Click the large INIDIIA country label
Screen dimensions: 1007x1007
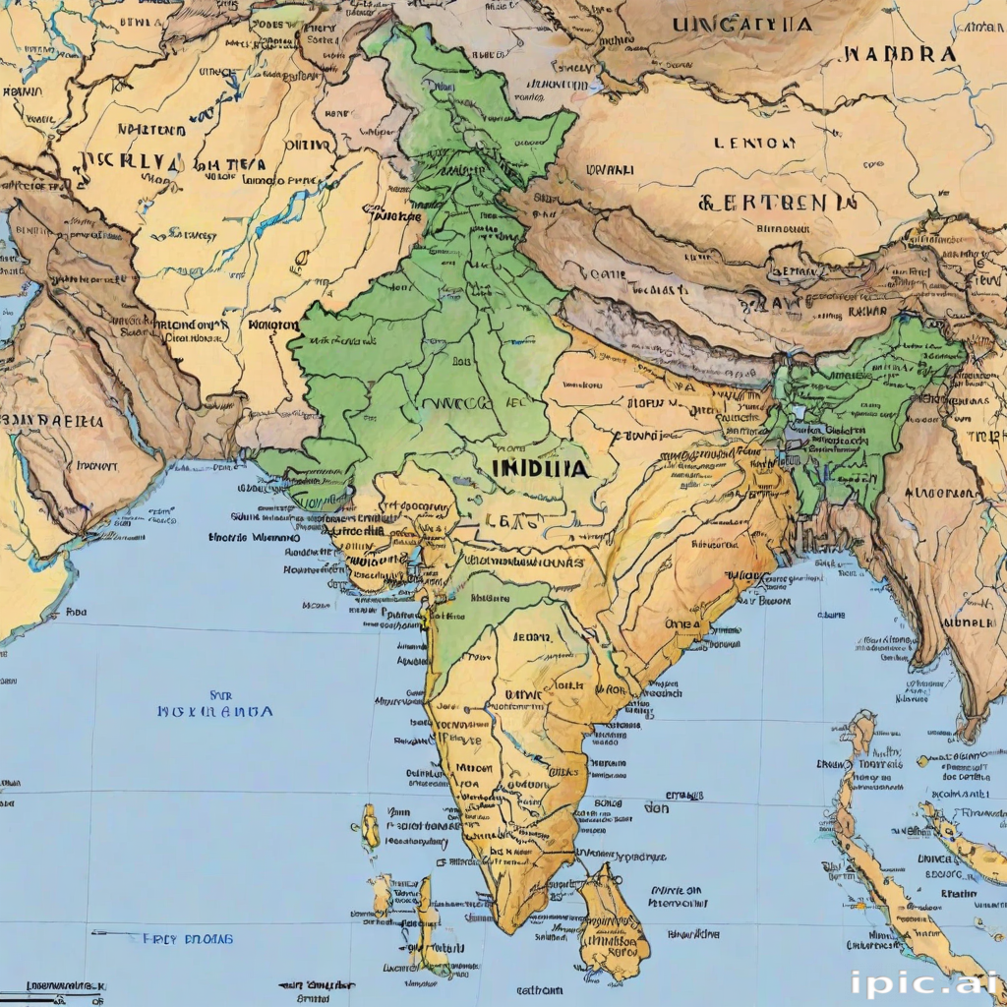click(x=541, y=469)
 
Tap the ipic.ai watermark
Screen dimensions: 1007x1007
click(x=921, y=982)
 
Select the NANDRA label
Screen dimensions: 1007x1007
click(x=899, y=53)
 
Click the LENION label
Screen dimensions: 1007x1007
click(x=756, y=144)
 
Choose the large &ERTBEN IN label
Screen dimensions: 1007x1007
click(x=776, y=203)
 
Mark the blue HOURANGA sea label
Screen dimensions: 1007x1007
click(x=214, y=710)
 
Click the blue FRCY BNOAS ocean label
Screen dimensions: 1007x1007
click(x=188, y=938)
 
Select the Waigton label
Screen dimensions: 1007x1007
click(x=273, y=324)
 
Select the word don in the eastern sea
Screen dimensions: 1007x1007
click(x=656, y=808)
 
